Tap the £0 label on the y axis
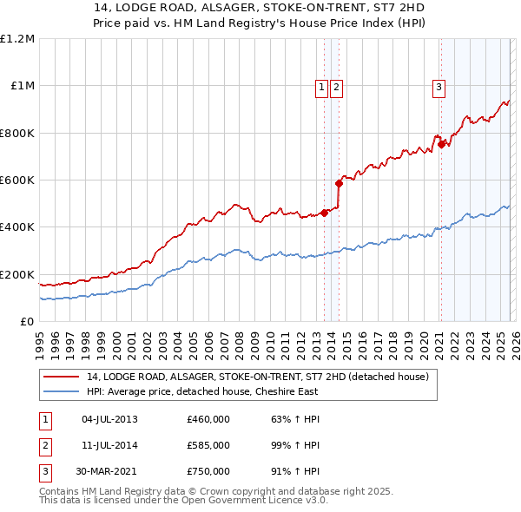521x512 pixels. pos(26,322)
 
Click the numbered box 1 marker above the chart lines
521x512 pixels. pos(321,86)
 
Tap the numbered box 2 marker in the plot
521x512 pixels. pos(335,86)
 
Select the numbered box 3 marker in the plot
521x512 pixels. pos(439,86)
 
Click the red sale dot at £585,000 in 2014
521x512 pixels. pos(340,183)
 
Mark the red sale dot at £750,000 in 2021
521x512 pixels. pos(441,144)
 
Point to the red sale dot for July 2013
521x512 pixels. pos(324,213)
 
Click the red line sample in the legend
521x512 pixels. pos(61,377)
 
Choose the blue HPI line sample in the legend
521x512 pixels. pos(61,391)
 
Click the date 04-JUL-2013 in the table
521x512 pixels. pos(109,419)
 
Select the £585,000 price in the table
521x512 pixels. pos(208,445)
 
